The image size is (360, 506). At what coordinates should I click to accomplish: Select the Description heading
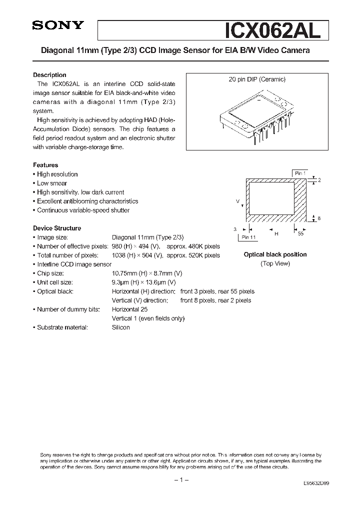point(49,75)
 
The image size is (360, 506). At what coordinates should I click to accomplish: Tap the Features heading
point(45,165)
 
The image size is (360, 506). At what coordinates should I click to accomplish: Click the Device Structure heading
point(57,228)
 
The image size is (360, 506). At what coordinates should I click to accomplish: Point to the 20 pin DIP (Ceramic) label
point(257,79)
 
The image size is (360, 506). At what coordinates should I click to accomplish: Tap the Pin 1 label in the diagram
point(300,173)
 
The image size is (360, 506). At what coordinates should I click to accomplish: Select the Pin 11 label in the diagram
point(248,237)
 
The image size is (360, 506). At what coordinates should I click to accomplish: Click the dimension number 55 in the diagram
point(300,233)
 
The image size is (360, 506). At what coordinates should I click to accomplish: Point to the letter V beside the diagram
point(238,201)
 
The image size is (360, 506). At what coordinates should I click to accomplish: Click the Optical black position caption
point(275,254)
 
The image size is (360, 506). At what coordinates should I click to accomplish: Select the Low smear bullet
point(52,183)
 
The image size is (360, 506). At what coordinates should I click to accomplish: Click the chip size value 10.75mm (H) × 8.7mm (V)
point(147,273)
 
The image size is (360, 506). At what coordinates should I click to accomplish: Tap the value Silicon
point(120,327)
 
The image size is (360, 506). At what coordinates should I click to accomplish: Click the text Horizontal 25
point(129,309)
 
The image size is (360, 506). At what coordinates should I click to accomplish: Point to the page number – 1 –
point(180,480)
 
